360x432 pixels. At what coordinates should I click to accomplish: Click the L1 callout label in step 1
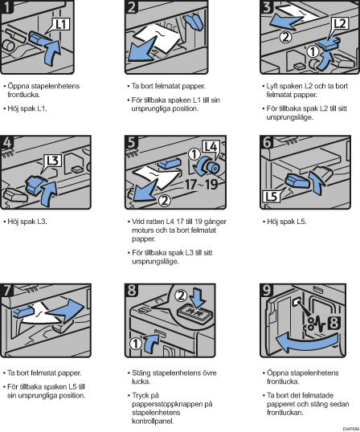61,25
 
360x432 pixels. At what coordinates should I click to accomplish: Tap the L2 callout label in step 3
340,24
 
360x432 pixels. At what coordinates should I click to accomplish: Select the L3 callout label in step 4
53,161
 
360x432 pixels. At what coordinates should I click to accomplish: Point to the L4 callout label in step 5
211,147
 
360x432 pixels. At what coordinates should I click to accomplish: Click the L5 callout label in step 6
271,197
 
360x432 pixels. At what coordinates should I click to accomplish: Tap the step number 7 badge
7,290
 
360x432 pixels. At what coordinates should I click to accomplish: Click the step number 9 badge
267,290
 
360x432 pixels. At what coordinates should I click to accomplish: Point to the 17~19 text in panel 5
202,185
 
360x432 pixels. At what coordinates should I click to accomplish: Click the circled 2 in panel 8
181,295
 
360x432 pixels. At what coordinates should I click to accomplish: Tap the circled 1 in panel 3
313,51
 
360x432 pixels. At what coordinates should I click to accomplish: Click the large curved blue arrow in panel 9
306,341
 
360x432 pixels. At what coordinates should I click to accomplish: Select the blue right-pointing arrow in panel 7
65,311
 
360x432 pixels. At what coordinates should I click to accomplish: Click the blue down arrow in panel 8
198,297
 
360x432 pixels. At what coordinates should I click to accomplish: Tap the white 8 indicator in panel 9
334,323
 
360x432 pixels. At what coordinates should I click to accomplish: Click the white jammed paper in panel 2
158,39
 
